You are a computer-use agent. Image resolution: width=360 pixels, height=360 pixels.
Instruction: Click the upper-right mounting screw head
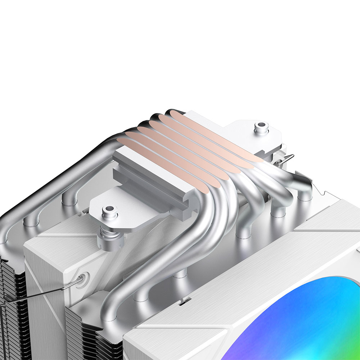click(261, 127)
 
